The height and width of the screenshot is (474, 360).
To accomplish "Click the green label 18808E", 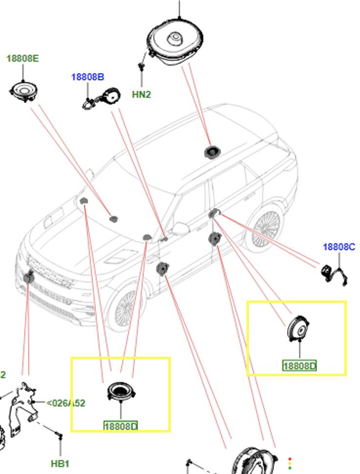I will pyautogui.click(x=22, y=59).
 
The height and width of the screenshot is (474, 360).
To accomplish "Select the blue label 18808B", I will pyautogui.click(x=88, y=77).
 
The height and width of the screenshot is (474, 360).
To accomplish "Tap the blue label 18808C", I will pyautogui.click(x=339, y=247).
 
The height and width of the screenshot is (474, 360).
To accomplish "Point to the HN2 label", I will pyautogui.click(x=141, y=95).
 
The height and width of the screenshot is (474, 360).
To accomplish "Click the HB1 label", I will pyautogui.click(x=60, y=463).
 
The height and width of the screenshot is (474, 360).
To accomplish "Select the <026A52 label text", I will pyautogui.click(x=66, y=403).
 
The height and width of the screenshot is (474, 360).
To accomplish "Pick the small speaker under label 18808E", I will pyautogui.click(x=23, y=91).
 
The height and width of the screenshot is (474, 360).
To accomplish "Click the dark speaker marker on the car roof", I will pyautogui.click(x=211, y=151).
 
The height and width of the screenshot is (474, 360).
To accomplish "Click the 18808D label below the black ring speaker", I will pyautogui.click(x=121, y=426).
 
